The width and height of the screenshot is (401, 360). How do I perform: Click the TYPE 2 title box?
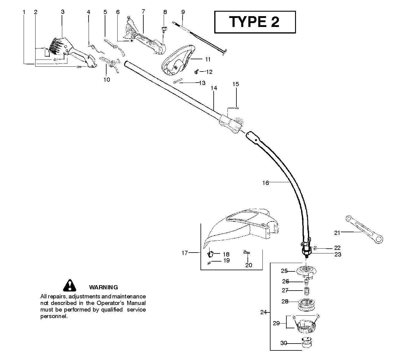tap(255, 22)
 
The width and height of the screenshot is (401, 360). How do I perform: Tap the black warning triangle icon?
tap(69, 286)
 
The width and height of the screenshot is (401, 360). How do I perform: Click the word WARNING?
tap(103, 287)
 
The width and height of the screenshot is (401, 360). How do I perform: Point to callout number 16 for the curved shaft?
tap(265, 183)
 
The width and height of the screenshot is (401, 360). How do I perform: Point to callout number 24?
tap(263, 312)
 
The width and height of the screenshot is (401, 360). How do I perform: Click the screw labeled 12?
tap(197, 72)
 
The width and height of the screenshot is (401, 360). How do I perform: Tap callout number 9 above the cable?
tap(183, 12)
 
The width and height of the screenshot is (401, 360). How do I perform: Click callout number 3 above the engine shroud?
tap(63, 12)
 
